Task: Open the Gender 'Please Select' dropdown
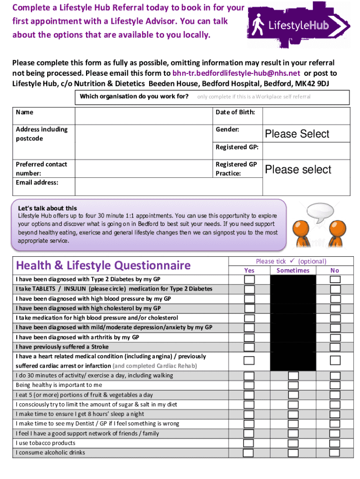click(306, 134)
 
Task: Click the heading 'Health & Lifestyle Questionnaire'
click(103, 266)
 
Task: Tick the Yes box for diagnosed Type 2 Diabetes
click(250, 280)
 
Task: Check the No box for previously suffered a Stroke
click(335, 347)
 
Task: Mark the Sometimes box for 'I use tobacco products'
click(293, 443)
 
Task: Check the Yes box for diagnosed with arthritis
click(250, 337)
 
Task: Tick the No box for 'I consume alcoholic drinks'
click(335, 453)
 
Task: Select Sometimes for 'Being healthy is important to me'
click(293, 385)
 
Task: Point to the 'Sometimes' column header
click(293, 270)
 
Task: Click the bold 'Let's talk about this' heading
click(47, 208)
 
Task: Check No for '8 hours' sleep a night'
click(335, 414)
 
